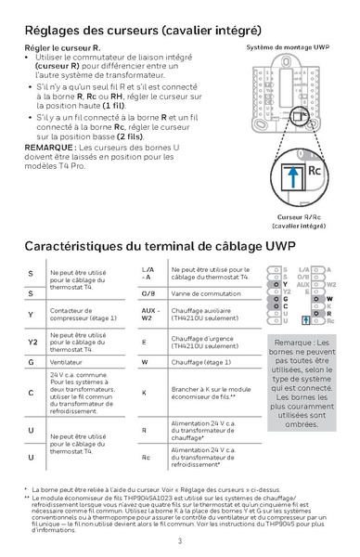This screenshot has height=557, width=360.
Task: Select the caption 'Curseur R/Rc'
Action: coord(299,216)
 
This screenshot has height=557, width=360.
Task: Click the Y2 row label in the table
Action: coord(32,342)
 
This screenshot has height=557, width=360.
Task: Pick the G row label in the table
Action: coord(32,360)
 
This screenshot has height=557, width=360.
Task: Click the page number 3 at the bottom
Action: coord(180,540)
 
